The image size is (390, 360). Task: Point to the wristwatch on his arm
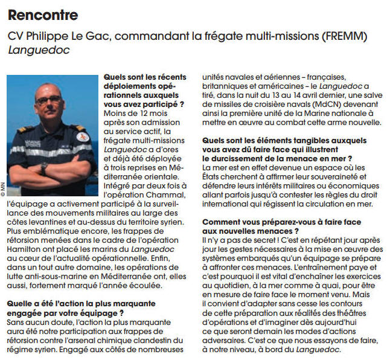(x=43, y=167)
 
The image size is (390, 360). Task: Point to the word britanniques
(x=225, y=86)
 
